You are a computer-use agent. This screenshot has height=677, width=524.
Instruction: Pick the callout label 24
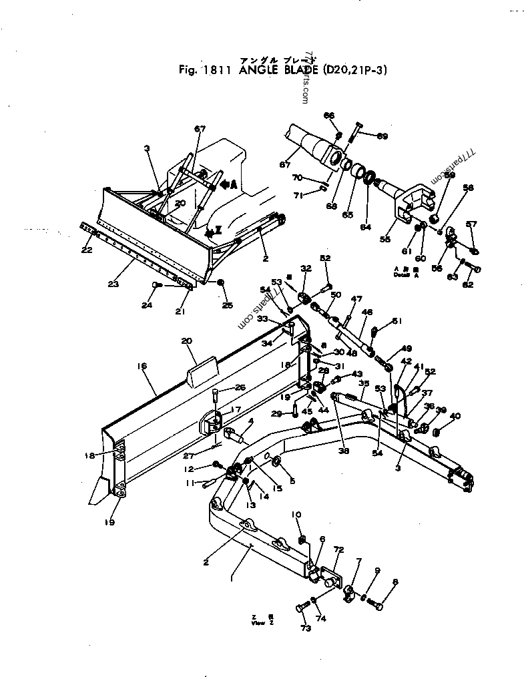point(147,306)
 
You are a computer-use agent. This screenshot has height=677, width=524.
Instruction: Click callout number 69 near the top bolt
point(382,136)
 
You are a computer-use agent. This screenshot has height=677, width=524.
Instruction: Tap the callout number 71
point(300,195)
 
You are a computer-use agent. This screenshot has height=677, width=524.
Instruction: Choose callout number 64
point(364,227)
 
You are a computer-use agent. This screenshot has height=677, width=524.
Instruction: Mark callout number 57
point(471,224)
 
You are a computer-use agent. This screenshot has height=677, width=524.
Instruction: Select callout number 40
point(456,416)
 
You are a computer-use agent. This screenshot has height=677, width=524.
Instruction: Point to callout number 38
point(344,451)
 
